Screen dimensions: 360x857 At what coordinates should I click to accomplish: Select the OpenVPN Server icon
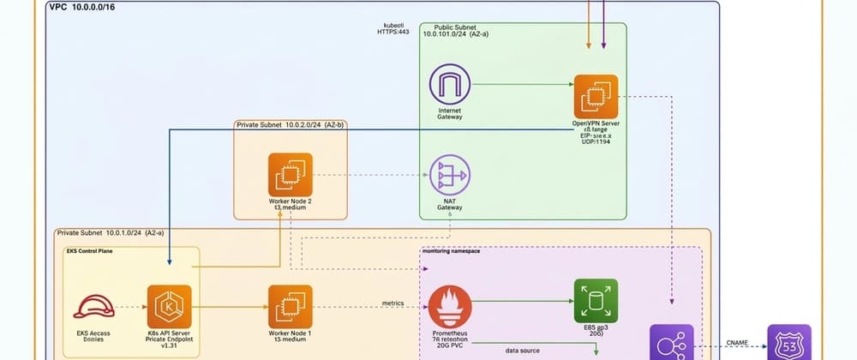pyautogui.click(x=596, y=96)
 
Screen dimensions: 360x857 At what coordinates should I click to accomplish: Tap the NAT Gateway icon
pyautogui.click(x=450, y=177)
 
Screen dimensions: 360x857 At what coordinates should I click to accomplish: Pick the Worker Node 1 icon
pyautogui.click(x=290, y=307)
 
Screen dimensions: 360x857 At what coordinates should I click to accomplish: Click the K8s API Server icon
pyautogui.click(x=169, y=307)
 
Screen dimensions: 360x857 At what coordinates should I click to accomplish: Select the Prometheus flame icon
pyautogui.click(x=449, y=307)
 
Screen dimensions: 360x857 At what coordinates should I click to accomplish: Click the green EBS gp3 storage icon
pyautogui.click(x=595, y=301)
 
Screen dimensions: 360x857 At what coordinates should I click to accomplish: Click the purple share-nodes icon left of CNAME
pyautogui.click(x=671, y=345)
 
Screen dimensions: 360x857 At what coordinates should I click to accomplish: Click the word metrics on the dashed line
pyautogui.click(x=393, y=303)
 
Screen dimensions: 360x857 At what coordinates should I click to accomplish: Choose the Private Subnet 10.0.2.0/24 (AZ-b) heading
pyautogui.click(x=290, y=125)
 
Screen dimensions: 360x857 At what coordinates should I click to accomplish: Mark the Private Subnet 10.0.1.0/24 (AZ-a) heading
pyautogui.click(x=106, y=232)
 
